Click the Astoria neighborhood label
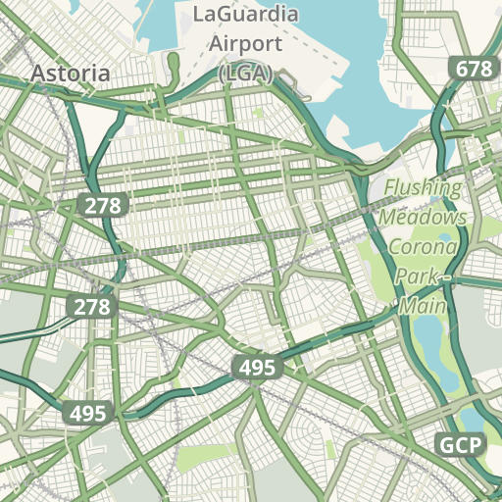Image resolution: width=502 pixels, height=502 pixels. pos(70,74)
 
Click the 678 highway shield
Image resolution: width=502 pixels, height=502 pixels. pos(473,69)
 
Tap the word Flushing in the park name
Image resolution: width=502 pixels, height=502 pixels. pos(423,188)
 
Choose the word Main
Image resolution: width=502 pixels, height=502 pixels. pos(423,307)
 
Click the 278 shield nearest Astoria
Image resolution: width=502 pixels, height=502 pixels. pos(102,205)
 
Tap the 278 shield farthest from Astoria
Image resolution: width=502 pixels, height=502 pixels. pos(92,307)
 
